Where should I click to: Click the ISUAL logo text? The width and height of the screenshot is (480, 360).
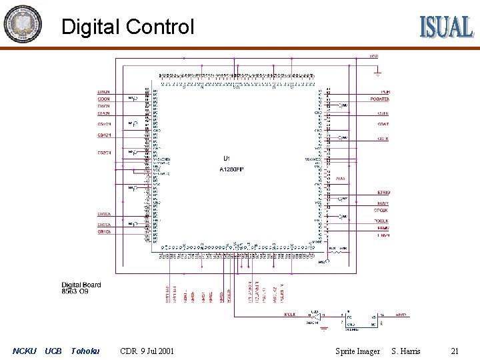point(446,27)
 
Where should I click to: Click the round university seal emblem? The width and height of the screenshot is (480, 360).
point(22,24)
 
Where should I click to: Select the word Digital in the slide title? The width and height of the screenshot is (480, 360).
point(91,27)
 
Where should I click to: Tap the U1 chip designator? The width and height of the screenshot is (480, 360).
point(227,159)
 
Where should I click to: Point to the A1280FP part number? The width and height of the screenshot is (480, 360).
point(232,170)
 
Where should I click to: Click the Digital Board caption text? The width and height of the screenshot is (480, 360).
point(81,285)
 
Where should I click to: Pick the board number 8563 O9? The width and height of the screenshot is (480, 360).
point(75,291)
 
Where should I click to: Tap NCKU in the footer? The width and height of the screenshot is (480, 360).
point(25,351)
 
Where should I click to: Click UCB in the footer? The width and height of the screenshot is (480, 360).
point(53,351)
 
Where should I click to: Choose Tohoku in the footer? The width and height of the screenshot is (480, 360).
point(85,351)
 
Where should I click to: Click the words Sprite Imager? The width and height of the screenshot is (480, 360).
point(357,351)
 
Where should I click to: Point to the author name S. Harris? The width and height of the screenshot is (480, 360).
point(406,351)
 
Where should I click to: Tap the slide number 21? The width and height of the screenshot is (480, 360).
point(455,351)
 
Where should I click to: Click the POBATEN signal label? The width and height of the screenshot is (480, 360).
point(379,99)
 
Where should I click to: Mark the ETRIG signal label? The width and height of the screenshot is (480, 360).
point(383,193)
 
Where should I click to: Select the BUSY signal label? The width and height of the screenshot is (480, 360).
point(383,203)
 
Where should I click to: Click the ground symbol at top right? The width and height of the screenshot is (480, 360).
point(378,70)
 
